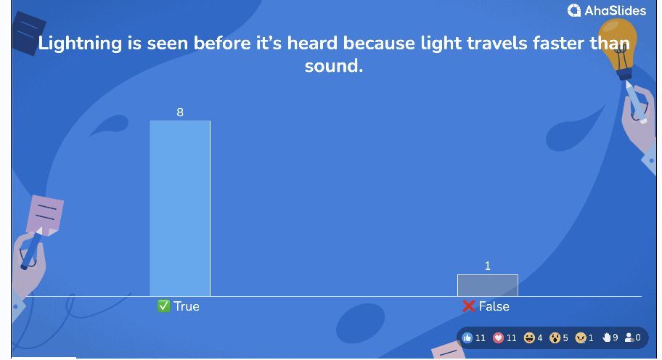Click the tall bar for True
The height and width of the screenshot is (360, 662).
[x=180, y=208]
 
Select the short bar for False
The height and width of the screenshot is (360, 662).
[x=488, y=286]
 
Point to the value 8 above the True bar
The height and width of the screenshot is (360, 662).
[x=180, y=112]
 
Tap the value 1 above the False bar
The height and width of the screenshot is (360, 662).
[x=488, y=266]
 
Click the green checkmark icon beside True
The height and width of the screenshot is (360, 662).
[x=163, y=306]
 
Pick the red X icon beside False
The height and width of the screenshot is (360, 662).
[x=469, y=306]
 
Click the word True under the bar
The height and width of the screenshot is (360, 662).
[x=186, y=306]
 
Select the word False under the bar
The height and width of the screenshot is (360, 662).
[x=494, y=306]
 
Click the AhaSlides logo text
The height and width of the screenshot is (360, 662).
[x=615, y=11]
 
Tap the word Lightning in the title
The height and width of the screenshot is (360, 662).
[x=81, y=44]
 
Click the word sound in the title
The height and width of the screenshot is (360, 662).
[x=333, y=66]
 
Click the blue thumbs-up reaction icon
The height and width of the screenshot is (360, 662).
[x=467, y=337]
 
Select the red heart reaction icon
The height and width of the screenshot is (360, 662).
[x=498, y=338]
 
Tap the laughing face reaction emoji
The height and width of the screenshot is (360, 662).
[x=529, y=338]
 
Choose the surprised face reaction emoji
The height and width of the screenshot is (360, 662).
[x=555, y=338]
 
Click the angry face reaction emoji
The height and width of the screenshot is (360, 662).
[x=581, y=338]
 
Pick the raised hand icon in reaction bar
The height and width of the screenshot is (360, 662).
[x=607, y=337]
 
